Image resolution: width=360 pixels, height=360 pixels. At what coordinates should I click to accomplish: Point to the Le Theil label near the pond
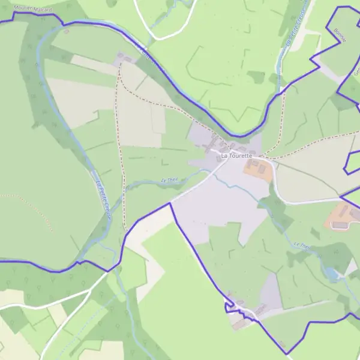point(304,246)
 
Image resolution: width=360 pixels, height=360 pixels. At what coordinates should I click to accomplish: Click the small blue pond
point(330,274)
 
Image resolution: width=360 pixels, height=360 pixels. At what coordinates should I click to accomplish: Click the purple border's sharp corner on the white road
point(170,203)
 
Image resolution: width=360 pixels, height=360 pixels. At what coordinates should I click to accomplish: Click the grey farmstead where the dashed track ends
point(125,58)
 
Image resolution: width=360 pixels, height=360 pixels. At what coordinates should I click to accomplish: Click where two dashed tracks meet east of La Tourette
point(265,157)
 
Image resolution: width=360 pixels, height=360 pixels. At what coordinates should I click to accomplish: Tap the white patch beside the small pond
point(350,268)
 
